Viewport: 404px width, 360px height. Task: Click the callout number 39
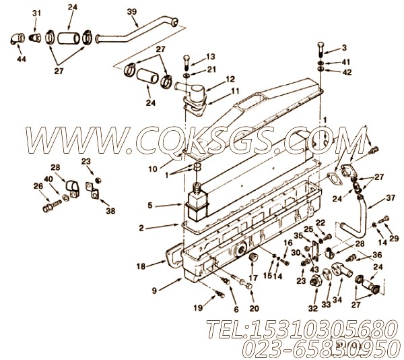132,12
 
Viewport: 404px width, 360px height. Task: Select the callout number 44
22,59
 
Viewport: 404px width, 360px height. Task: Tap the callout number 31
36,13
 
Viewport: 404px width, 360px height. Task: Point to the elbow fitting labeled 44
18,38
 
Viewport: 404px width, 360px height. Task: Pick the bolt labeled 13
187,62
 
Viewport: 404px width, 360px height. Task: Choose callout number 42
347,72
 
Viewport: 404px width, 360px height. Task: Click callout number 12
230,79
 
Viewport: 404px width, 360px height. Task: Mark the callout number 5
150,205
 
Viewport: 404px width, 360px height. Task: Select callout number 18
141,266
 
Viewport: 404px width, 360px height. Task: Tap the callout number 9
154,291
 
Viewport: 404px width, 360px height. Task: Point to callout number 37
391,198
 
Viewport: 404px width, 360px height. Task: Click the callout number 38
110,211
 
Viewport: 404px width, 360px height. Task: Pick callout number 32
313,308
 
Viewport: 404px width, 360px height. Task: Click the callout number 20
254,308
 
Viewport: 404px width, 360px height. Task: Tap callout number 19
199,307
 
